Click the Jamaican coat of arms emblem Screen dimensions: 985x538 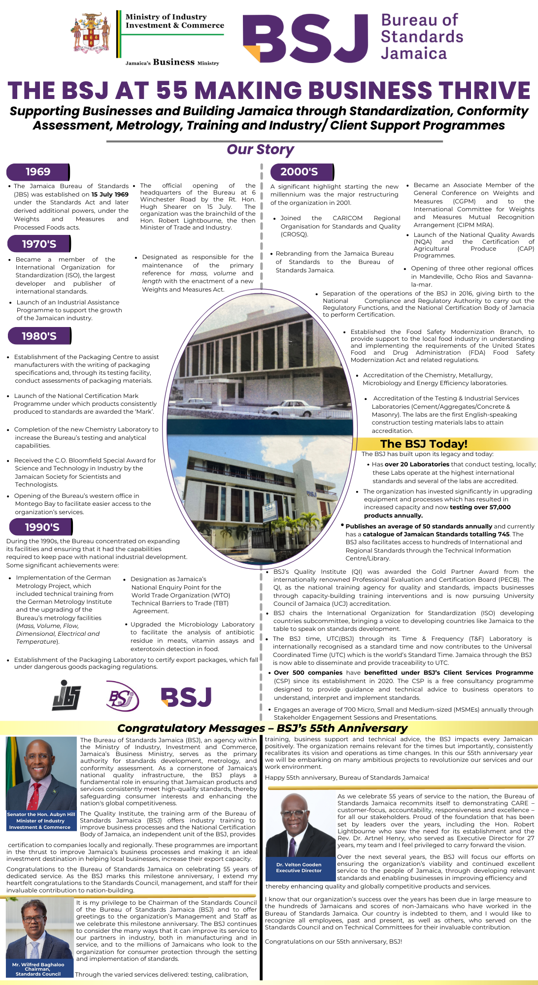92,33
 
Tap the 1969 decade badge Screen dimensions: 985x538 38,172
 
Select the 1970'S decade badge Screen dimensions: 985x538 39,244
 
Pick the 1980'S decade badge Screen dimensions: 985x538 39,336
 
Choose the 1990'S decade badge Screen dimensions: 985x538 41,527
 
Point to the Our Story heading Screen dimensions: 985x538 260,149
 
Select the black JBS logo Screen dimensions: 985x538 67,695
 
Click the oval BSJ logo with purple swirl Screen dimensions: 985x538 123,696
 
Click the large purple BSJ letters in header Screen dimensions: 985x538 306,39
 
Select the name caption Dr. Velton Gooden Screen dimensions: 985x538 299,864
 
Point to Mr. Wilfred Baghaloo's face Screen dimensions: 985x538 38,921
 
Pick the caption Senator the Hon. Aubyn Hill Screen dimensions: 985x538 41,814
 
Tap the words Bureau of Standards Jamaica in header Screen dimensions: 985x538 422,37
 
